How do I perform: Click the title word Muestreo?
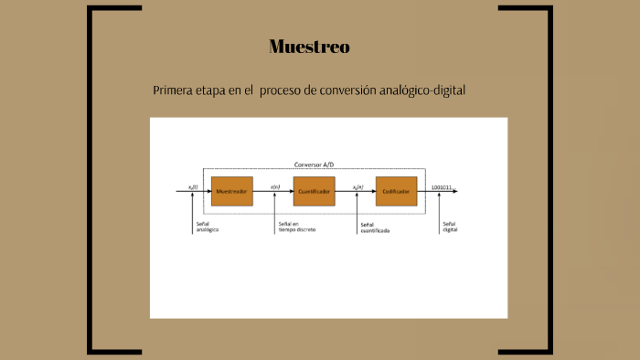[309, 47]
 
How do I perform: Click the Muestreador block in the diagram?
[231, 191]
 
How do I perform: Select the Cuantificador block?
[314, 191]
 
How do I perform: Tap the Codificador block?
[396, 191]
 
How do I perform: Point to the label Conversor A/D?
[314, 164]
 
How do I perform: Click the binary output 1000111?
[442, 188]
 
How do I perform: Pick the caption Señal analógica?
[207, 227]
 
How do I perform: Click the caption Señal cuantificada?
[374, 228]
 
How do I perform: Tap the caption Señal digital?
[449, 227]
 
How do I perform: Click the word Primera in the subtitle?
[174, 91]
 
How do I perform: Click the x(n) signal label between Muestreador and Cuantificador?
[275, 187]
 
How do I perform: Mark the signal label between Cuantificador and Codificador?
[357, 187]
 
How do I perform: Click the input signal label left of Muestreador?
[193, 187]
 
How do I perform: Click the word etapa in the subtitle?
[213, 91]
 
